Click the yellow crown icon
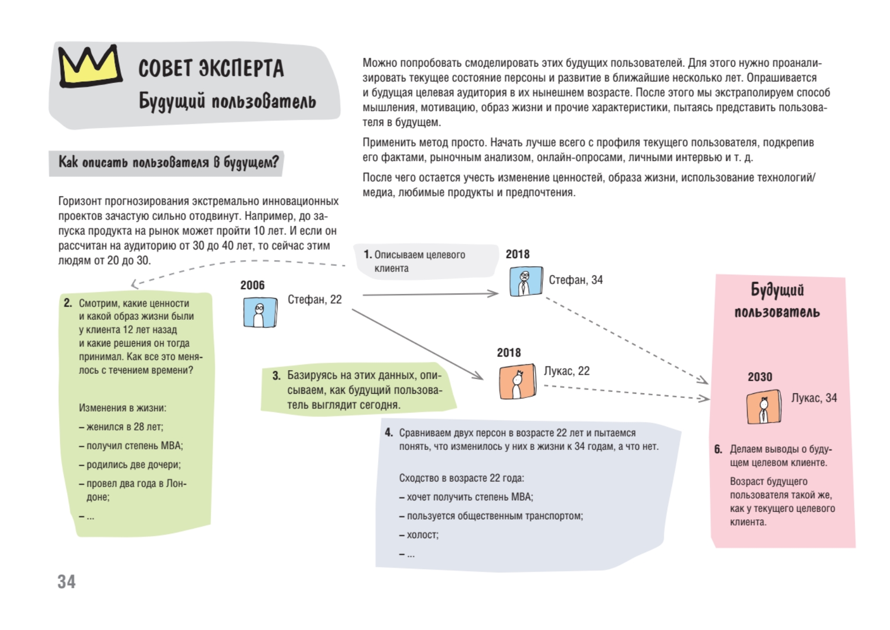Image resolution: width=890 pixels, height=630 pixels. click(90, 66)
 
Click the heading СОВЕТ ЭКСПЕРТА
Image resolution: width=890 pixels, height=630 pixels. click(211, 69)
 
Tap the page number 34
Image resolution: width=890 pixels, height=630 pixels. click(67, 582)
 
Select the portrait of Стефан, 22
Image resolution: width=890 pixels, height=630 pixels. click(259, 312)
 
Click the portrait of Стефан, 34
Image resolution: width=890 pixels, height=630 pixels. click(525, 281)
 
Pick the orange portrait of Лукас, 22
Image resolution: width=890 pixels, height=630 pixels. click(517, 382)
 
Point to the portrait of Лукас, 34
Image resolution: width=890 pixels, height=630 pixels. click(763, 407)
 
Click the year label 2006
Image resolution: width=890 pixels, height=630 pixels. click(253, 285)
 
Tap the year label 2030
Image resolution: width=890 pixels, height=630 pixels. click(760, 377)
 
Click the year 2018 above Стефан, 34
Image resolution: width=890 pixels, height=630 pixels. click(518, 254)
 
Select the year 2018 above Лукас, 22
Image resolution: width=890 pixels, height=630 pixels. click(509, 353)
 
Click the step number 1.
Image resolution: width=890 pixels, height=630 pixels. click(368, 255)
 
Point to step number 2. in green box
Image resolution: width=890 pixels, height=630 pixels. click(68, 303)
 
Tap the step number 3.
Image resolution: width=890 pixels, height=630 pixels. click(276, 376)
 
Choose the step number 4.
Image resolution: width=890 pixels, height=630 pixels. click(389, 433)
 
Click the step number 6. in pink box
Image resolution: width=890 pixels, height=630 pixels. click(718, 449)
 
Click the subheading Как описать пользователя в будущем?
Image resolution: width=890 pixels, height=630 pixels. click(168, 162)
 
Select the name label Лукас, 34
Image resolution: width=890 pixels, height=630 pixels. click(814, 398)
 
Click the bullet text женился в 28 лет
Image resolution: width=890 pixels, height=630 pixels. click(124, 427)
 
